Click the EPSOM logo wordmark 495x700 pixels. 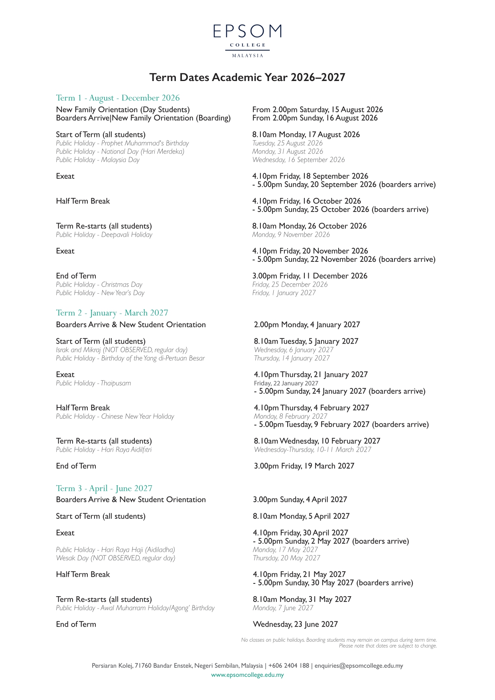click(247, 31)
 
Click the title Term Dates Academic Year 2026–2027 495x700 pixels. click(247, 77)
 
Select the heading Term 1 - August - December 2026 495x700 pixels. click(118, 98)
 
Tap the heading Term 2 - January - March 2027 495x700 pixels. click(112, 313)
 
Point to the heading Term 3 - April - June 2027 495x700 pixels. click(104, 488)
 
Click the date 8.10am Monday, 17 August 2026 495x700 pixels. click(306, 135)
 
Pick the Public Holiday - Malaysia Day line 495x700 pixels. click(98, 160)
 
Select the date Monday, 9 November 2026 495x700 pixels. click(291, 235)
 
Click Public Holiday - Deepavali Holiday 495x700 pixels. click(104, 235)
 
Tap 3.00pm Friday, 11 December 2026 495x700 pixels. click(310, 276)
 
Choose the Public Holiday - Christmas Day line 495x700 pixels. click(99, 285)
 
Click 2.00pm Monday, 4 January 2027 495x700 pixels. click(307, 325)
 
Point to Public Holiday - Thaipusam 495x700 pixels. click(93, 383)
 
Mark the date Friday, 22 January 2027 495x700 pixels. click(286, 383)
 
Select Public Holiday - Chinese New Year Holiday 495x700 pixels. click(115, 417)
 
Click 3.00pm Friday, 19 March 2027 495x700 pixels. click(304, 466)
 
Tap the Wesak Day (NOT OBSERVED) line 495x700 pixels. click(116, 558)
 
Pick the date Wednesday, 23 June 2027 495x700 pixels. click(295, 625)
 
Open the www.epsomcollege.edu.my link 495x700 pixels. click(247, 675)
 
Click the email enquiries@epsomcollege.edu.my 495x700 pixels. click(359, 666)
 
